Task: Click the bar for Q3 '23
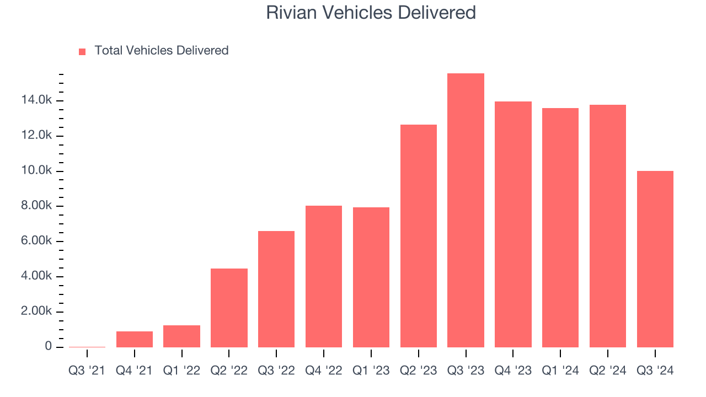(466, 210)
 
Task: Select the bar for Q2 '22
(229, 308)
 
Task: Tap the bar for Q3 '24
(655, 259)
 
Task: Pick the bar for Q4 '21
(135, 339)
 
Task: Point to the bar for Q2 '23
(419, 236)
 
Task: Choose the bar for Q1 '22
(181, 336)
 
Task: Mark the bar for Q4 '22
(324, 276)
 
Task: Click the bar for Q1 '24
(560, 228)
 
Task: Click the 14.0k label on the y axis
(36, 100)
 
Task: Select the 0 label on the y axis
(49, 346)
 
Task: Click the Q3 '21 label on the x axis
(87, 371)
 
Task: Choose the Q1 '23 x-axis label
(371, 371)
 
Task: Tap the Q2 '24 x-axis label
(608, 371)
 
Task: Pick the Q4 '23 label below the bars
(513, 371)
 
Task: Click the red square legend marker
(82, 51)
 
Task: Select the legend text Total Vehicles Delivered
(162, 51)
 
